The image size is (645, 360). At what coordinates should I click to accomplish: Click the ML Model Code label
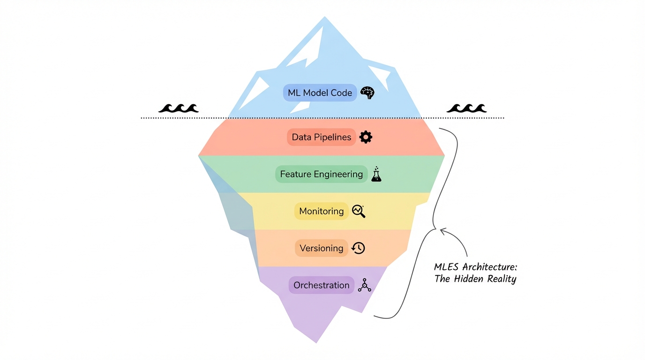(x=320, y=93)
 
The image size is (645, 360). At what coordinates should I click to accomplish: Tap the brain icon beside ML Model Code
(x=367, y=93)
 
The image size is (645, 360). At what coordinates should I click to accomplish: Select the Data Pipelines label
(x=321, y=137)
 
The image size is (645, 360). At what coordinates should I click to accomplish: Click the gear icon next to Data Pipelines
(x=366, y=137)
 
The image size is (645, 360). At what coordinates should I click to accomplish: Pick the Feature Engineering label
(x=321, y=174)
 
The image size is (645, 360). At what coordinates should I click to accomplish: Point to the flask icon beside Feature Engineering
(x=376, y=174)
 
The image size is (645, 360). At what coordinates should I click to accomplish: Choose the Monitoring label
(x=321, y=211)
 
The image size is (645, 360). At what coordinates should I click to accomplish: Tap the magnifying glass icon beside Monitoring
(x=359, y=211)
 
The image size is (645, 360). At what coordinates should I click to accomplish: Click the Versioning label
(x=321, y=248)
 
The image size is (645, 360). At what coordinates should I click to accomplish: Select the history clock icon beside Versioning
(x=359, y=248)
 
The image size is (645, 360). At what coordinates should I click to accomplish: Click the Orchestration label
(x=321, y=285)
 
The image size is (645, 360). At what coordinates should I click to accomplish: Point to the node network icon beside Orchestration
(x=364, y=285)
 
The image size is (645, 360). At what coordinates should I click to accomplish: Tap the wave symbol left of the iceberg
(x=178, y=108)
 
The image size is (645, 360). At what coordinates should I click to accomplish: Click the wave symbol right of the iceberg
(x=466, y=108)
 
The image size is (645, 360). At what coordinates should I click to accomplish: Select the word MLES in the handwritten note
(x=447, y=267)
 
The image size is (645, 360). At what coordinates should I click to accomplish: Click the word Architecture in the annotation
(x=490, y=267)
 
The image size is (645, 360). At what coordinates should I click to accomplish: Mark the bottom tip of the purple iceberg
(x=317, y=342)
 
